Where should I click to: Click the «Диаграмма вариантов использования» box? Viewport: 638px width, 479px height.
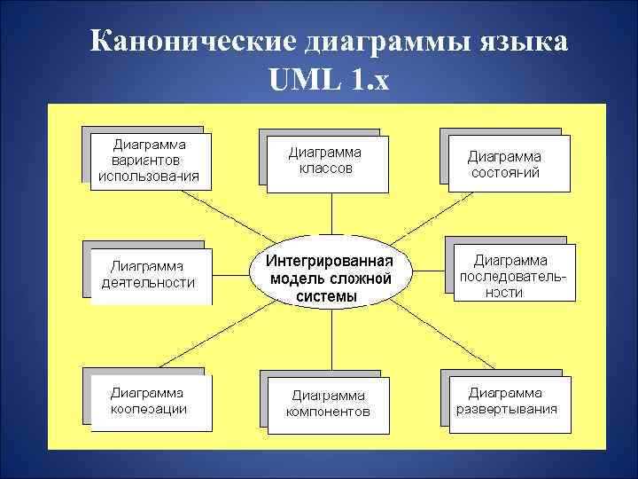tap(150, 161)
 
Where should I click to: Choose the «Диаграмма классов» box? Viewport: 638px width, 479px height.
tap(325, 161)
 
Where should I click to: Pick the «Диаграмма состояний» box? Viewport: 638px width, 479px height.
tap(505, 163)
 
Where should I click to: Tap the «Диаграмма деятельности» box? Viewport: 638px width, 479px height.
tap(150, 274)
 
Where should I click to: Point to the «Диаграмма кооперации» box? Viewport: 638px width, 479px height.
tap(150, 401)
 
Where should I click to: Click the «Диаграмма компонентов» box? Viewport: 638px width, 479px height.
tap(327, 404)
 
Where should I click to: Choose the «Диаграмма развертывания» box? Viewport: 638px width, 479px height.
tap(507, 401)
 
